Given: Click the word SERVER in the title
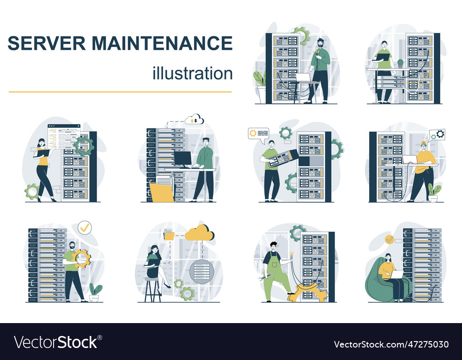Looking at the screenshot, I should (x=46, y=43).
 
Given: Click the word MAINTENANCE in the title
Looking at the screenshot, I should (x=162, y=43).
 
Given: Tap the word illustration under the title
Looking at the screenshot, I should (x=192, y=73).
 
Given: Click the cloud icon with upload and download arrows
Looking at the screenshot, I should (x=195, y=119).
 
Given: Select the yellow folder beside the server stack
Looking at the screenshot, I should (x=162, y=192).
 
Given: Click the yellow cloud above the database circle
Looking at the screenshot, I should (x=200, y=234).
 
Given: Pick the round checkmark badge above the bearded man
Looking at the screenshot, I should (x=85, y=227).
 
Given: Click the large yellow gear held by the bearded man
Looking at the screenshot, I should (x=82, y=258).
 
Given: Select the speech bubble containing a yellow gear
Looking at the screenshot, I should (x=258, y=133).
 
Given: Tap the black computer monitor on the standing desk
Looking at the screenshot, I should (x=183, y=159).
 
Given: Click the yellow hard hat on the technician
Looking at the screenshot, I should (x=424, y=143).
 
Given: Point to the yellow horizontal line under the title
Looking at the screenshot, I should (x=120, y=92).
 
